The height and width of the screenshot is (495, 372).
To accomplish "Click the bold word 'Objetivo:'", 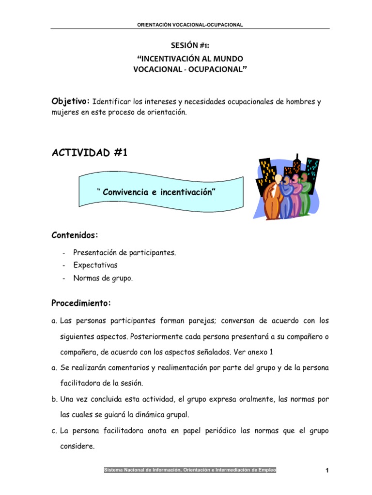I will (x=71, y=102).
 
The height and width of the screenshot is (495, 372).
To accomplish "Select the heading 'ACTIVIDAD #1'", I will (x=89, y=153).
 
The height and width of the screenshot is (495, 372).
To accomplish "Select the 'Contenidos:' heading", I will (x=75, y=235).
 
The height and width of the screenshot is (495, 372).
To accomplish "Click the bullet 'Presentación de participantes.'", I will (x=124, y=252).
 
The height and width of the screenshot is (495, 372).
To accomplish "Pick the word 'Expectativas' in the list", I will (x=95, y=265).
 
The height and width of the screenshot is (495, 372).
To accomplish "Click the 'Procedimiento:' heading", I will (x=81, y=303).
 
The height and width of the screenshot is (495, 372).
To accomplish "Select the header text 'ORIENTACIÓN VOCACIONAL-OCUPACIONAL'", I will (x=190, y=25).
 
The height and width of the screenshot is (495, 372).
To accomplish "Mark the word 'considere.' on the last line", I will (x=77, y=447).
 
